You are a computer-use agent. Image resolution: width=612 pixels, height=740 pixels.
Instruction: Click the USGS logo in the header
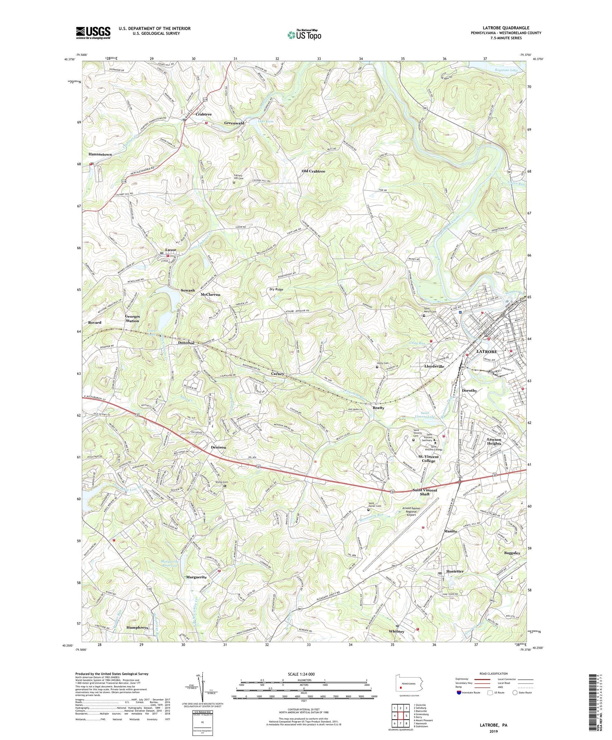(x=93, y=33)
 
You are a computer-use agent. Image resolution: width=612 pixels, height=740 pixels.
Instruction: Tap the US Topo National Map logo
(x=304, y=35)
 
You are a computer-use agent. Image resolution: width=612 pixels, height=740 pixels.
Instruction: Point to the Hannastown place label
(x=100, y=155)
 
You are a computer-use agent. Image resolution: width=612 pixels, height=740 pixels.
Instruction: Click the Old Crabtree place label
(x=313, y=171)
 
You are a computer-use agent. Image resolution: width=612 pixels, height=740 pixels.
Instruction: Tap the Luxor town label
(x=170, y=250)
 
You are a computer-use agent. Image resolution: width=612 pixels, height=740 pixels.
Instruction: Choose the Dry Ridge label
(x=276, y=289)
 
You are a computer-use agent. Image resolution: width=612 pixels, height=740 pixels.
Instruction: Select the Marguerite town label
(x=197, y=577)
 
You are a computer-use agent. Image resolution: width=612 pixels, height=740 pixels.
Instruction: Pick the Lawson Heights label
(x=494, y=442)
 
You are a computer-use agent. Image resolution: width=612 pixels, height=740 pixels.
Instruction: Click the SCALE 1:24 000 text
(x=304, y=674)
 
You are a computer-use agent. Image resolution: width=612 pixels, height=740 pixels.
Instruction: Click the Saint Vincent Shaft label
(x=424, y=492)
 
